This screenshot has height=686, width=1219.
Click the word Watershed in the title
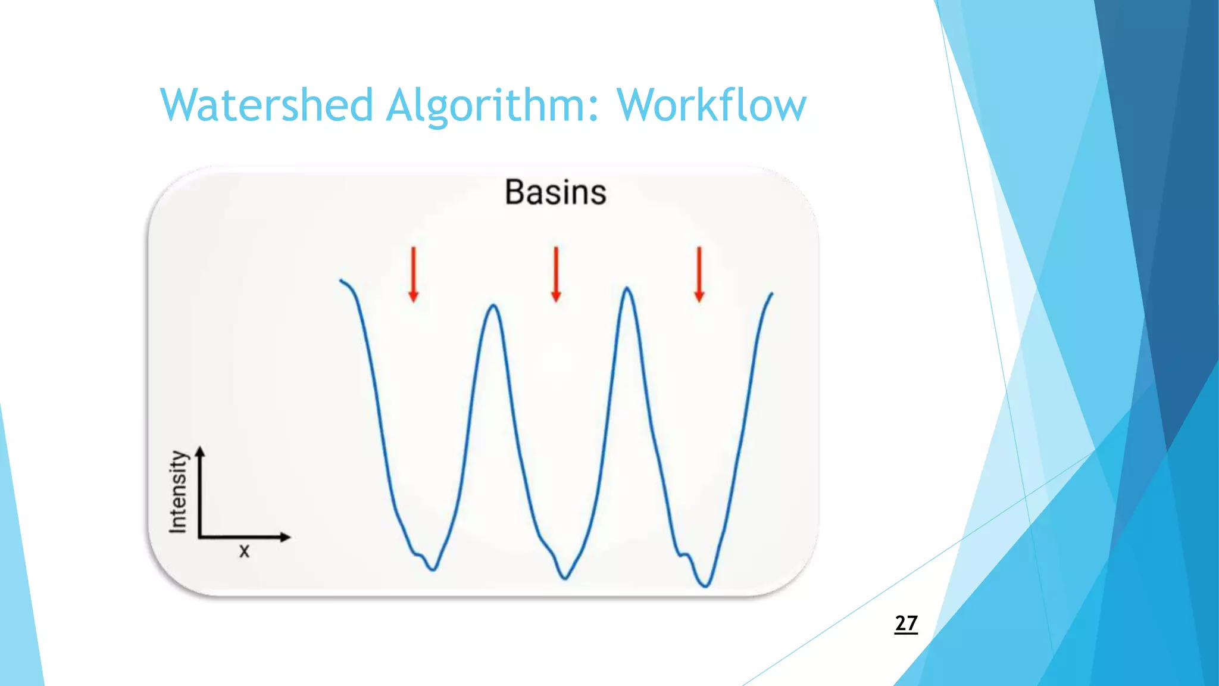tap(266, 105)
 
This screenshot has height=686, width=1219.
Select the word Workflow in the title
tap(711, 105)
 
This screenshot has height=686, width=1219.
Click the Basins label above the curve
tap(555, 192)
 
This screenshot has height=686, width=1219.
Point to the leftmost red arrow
tap(414, 275)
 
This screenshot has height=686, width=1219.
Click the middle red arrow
tap(556, 275)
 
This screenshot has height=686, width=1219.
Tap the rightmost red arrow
tap(699, 275)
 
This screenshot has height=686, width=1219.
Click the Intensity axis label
tap(178, 492)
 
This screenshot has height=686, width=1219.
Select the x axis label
tap(244, 551)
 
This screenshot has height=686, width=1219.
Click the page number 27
tap(906, 623)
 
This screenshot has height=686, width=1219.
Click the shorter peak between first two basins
tap(494, 305)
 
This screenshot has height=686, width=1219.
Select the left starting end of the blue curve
tap(341, 280)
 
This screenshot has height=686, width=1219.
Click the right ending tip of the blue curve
tap(772, 293)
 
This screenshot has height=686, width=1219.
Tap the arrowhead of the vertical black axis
tap(200, 451)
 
